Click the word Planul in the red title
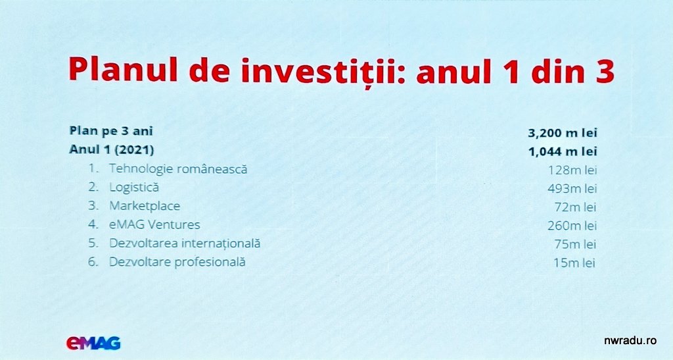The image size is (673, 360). pos(123,69)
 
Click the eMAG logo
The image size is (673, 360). pos(93,343)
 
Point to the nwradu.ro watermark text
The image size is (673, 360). pos(630,341)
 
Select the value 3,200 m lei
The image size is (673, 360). pos(563,133)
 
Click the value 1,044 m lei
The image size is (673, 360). pos(563,151)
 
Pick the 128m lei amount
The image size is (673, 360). pos(572,170)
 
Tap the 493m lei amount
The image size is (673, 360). pos(572,189)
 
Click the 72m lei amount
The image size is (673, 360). pos(575,207)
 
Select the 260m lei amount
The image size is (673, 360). pos(572,226)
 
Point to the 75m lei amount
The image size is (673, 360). pos(575,244)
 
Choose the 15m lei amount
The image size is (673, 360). pos(574,263)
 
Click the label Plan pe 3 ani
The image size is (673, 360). pos(111,131)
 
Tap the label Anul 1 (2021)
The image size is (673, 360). pos(112,149)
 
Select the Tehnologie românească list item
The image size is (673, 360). pos(178,169)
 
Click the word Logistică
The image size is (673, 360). pos(134,188)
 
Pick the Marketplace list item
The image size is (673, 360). pos(145,206)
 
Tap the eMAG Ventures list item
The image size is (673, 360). pos(154,224)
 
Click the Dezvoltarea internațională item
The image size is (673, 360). pos(185,243)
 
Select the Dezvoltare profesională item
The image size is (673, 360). pos(177,262)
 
